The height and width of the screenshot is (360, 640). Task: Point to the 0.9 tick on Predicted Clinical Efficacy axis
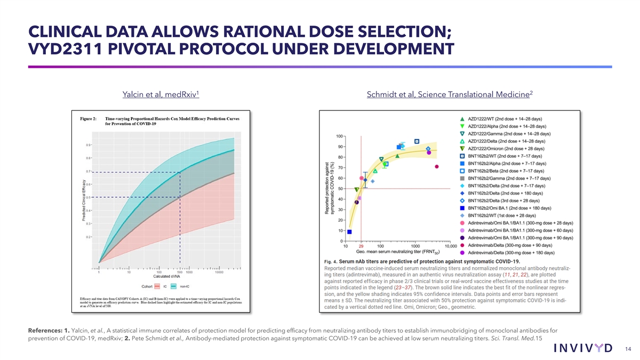(87, 145)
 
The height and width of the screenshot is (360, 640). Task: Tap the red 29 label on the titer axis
(361, 246)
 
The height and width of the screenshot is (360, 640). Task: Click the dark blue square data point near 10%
(349, 232)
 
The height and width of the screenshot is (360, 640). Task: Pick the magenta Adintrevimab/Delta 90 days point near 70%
(437, 166)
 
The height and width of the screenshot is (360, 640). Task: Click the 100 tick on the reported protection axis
(339, 136)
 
